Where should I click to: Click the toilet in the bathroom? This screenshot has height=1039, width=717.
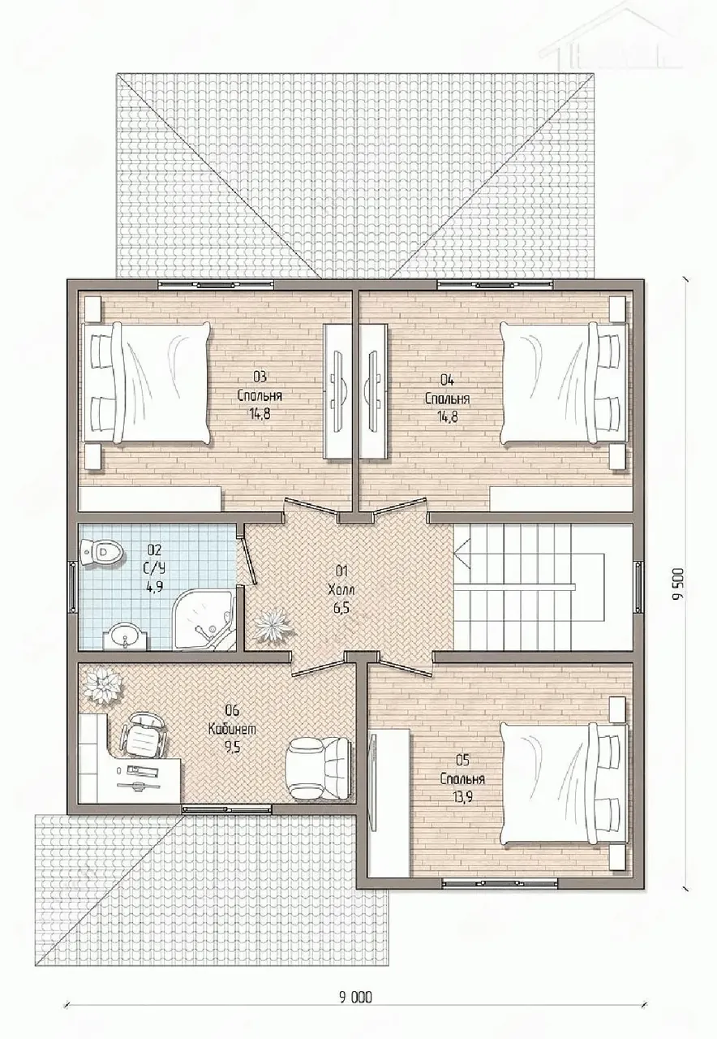point(102,553)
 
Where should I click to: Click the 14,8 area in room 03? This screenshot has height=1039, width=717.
point(260,414)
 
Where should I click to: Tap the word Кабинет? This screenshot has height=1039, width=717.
point(232,729)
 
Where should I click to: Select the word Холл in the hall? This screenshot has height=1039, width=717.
point(341,590)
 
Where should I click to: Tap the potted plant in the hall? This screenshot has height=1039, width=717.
point(273,626)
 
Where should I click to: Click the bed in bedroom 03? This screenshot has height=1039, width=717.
point(146,382)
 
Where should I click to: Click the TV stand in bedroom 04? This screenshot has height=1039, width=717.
point(374,391)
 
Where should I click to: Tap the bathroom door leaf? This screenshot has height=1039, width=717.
point(248,560)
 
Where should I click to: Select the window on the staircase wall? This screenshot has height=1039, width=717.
point(639,586)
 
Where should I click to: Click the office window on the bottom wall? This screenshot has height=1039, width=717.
point(226,810)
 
